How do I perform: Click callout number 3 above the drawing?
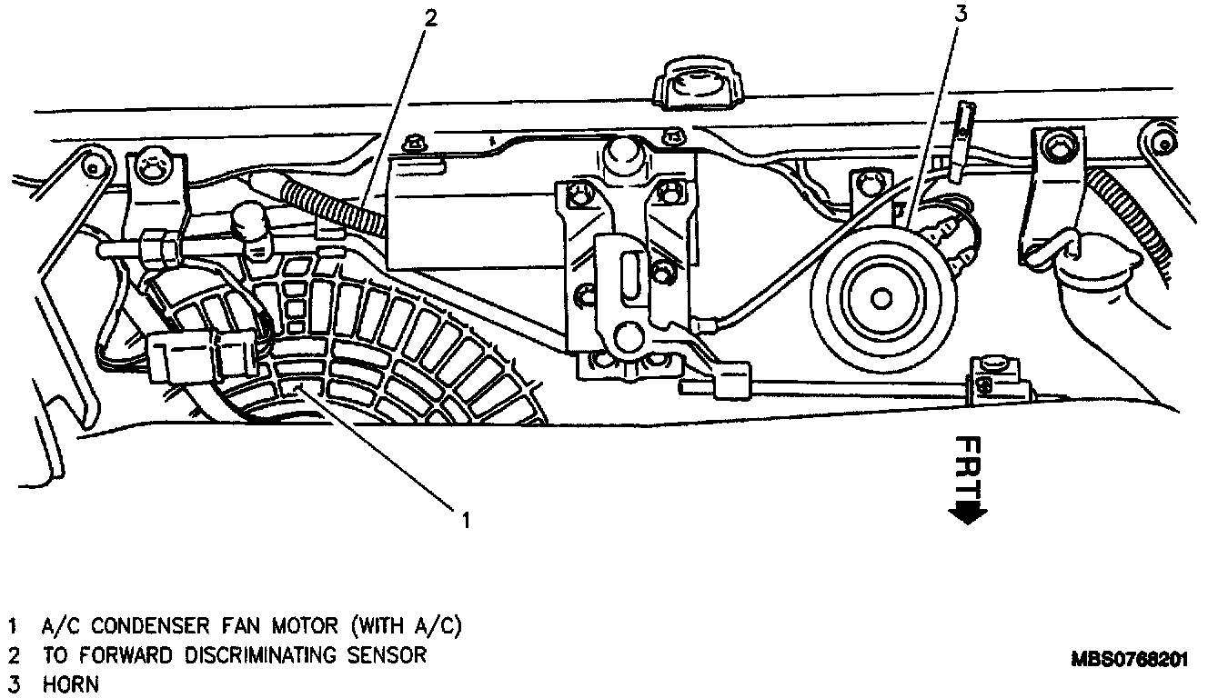coord(959,13)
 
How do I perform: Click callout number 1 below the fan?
coord(466,520)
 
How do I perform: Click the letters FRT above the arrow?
coord(970,466)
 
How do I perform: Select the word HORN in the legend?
coord(71,684)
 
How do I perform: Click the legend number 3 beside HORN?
coord(13,684)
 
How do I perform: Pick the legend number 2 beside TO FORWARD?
coord(13,655)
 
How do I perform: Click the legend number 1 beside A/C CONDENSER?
coord(13,626)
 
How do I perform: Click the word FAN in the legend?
coord(246,626)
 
